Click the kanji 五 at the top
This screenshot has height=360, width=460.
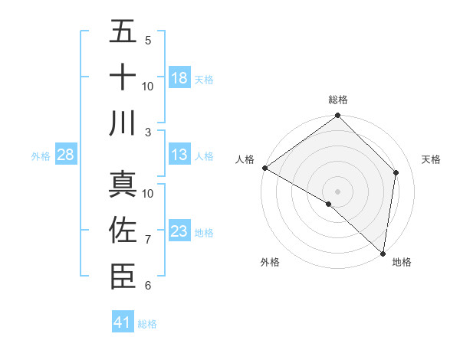123,32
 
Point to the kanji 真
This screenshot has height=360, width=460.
123,185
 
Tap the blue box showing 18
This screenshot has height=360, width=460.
179,78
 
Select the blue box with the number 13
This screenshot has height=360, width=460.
179,155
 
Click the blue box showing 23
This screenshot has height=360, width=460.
179,231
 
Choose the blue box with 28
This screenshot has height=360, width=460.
66,155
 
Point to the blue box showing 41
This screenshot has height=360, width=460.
123,322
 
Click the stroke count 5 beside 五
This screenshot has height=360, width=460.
148,40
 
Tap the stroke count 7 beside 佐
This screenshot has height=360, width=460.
148,240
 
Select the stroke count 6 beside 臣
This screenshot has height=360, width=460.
148,286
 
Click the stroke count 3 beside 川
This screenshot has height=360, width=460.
148,132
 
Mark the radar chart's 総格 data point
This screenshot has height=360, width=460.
337,116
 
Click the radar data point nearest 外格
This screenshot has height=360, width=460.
329,204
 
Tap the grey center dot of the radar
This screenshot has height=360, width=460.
337,191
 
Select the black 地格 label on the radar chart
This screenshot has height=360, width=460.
402,263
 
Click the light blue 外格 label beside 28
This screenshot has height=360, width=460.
41,156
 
